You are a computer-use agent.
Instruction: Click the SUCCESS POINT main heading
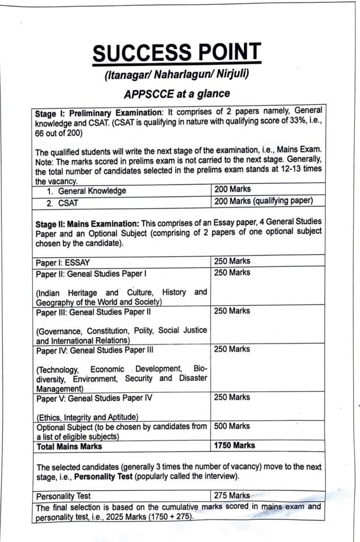click(x=176, y=52)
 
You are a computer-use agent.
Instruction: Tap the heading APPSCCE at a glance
click(x=176, y=94)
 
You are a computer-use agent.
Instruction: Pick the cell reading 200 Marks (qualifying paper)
click(x=264, y=201)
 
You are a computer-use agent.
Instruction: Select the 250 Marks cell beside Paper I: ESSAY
click(x=232, y=261)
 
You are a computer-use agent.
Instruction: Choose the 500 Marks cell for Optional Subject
click(x=232, y=426)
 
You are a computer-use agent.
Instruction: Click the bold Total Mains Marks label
click(x=69, y=447)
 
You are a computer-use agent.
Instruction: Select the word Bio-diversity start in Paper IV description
click(x=201, y=369)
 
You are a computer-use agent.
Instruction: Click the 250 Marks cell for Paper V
click(x=232, y=398)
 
